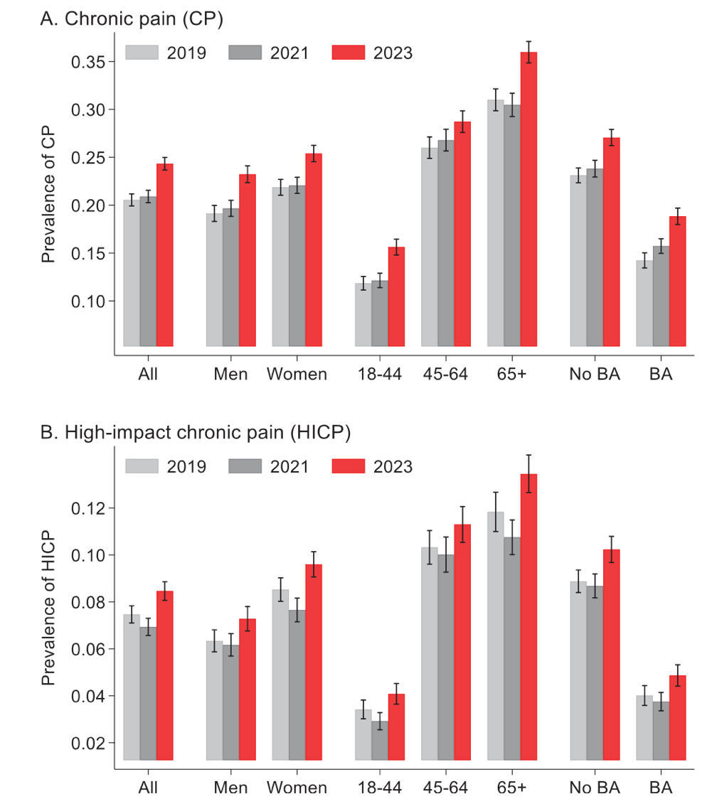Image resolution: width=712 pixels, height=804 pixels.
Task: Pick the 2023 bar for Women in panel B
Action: pos(314,661)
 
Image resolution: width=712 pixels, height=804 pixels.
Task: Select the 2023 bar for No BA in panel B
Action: pos(611,654)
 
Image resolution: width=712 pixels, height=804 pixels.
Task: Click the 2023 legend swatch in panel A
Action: pos(348,53)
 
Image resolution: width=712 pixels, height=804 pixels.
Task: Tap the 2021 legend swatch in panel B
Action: pos(245,466)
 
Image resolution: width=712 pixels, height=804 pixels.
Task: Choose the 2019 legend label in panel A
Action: pos(186,53)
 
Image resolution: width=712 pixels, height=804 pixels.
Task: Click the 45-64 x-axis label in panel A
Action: pos(445,374)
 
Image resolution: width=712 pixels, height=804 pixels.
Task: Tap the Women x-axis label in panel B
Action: pos(297,788)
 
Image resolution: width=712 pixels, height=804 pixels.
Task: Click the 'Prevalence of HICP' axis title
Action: pos(48,612)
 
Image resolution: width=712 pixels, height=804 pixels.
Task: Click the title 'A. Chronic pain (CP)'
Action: pos(132,18)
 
